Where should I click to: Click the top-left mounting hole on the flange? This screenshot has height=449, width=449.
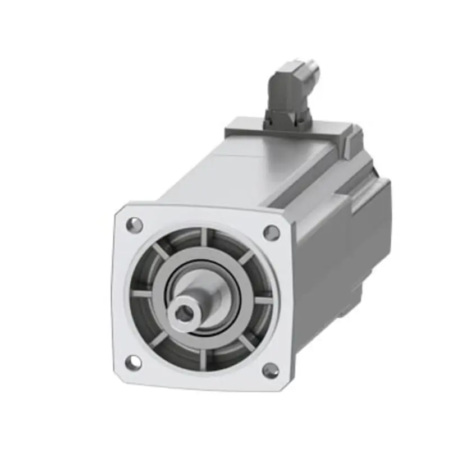(x=134, y=225)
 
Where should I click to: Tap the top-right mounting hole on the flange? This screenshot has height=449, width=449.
(x=272, y=232)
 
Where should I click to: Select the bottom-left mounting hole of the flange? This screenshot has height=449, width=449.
(x=132, y=363)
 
